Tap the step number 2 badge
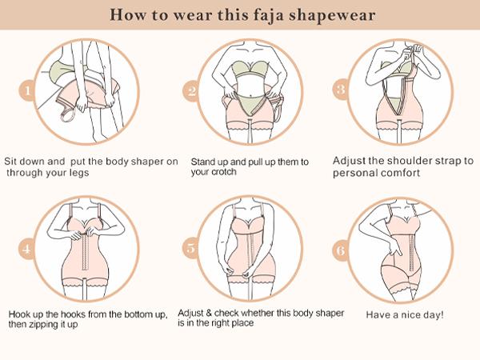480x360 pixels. pyautogui.click(x=191, y=91)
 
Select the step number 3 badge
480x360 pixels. pyautogui.click(x=340, y=90)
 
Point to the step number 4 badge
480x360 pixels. pyautogui.click(x=28, y=248)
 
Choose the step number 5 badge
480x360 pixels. pyautogui.click(x=191, y=247)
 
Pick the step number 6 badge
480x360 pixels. pyautogui.click(x=340, y=250)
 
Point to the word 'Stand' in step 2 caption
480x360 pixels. pyautogui.click(x=203, y=162)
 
